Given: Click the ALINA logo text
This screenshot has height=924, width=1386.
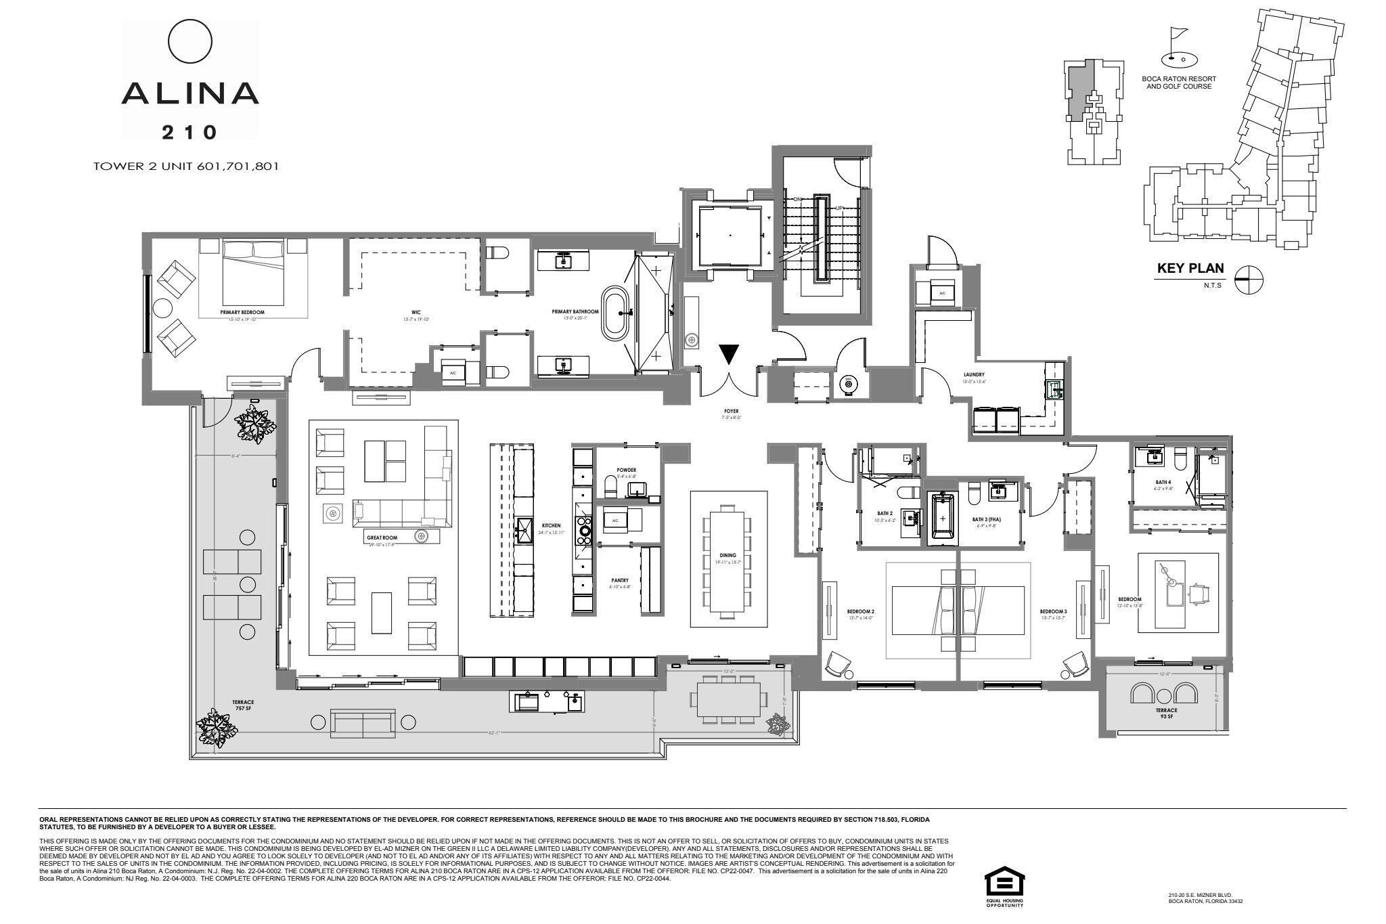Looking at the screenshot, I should (x=190, y=93).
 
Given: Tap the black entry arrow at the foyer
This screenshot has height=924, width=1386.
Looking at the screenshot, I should (x=729, y=355).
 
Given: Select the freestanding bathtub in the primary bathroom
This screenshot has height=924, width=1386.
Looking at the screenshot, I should (x=615, y=313).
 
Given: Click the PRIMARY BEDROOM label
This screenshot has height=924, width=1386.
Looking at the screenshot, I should (x=242, y=312).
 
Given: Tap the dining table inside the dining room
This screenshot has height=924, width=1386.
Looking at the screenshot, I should (x=728, y=560).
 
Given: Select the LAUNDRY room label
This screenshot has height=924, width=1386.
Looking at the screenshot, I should (x=974, y=374).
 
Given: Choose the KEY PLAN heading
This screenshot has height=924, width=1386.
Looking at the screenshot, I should (x=1190, y=268).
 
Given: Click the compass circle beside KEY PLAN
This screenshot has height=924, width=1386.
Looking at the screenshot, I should (x=1249, y=279).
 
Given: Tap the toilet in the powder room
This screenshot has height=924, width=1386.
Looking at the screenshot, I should (x=610, y=485).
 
